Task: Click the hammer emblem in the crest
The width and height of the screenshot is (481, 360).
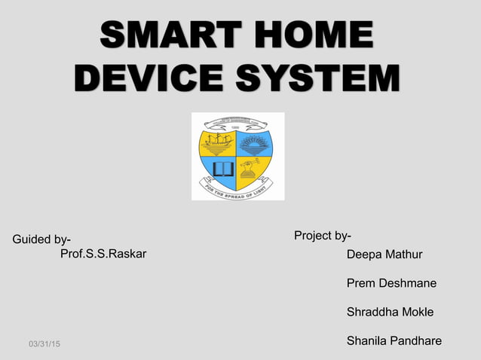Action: [x=250, y=167]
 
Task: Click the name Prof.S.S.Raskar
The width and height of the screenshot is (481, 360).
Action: [x=103, y=253]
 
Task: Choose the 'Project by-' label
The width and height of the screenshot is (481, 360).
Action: [x=322, y=236]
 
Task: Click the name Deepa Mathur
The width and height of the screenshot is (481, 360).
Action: [x=384, y=255]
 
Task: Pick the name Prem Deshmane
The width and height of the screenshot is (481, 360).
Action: [x=391, y=283]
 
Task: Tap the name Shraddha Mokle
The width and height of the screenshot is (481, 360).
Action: [x=390, y=312]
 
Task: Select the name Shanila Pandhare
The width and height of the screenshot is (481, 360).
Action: [x=394, y=341]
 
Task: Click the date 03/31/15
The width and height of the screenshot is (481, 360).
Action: [x=45, y=344]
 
